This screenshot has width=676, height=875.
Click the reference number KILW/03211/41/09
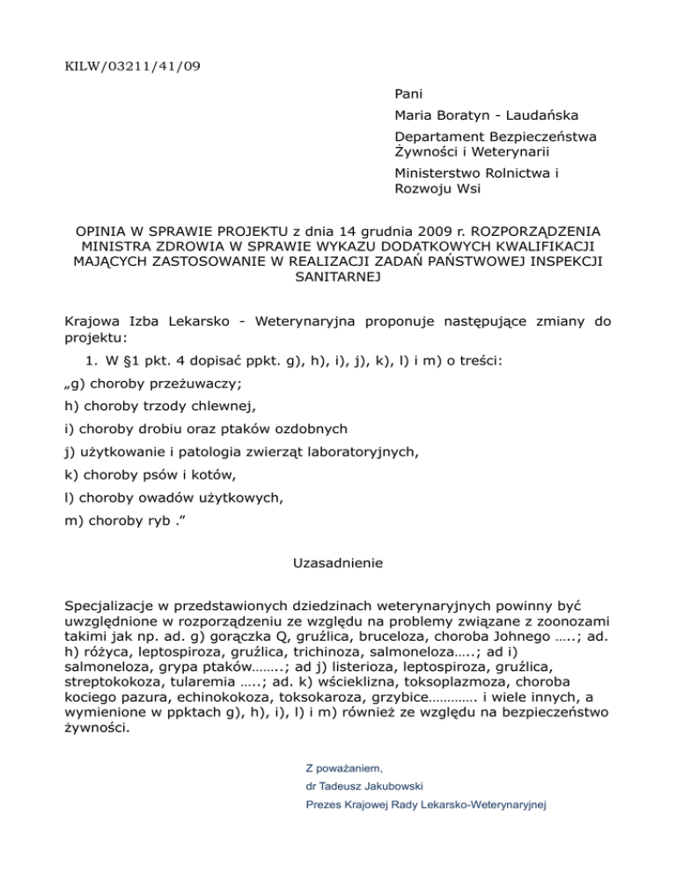(126, 65)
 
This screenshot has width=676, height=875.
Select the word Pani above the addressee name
(409, 92)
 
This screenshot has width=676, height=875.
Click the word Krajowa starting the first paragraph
(95, 322)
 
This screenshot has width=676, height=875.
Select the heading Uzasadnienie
(337, 560)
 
